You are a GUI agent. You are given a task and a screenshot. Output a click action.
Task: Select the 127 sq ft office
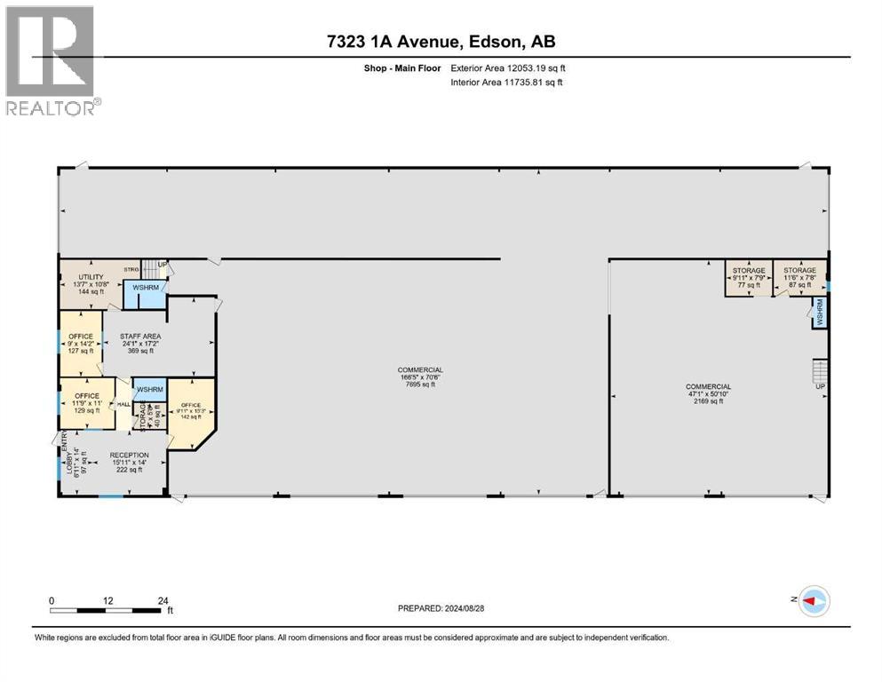81,343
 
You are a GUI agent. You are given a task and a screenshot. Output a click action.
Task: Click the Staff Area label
138,337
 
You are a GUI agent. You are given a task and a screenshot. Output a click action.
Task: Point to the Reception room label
130,455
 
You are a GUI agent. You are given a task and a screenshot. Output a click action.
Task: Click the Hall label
124,404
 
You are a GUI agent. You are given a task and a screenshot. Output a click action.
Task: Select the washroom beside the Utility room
146,288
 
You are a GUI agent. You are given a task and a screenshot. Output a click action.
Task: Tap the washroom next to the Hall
149,390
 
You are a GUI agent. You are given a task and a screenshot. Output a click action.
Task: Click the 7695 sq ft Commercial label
420,370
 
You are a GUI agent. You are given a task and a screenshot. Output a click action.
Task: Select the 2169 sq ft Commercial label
708,386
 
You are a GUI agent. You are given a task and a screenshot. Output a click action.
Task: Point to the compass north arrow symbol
812,601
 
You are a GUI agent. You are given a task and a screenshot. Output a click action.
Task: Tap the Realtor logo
51,59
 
